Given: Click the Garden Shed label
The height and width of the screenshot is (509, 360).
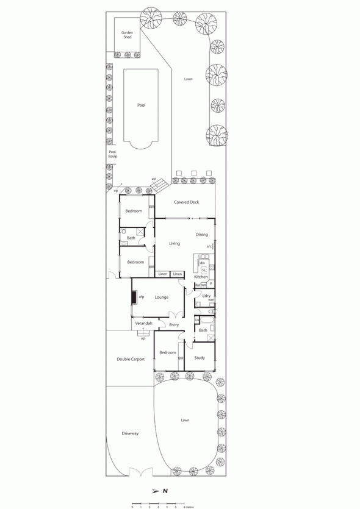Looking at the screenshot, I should [127, 35].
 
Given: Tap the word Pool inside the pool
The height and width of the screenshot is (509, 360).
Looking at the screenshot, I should [141, 105].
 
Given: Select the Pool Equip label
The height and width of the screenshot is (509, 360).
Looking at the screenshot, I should [112, 154].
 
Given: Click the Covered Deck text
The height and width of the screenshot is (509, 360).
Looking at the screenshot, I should [186, 202].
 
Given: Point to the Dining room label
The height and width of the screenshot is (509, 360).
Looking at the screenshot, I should [201, 234].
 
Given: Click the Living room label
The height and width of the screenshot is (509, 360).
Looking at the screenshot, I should [174, 243].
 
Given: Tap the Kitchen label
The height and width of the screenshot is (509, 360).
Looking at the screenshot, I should [201, 277].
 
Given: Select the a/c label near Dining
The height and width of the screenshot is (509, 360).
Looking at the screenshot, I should [209, 247].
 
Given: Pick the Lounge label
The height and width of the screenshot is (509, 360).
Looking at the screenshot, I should [162, 297].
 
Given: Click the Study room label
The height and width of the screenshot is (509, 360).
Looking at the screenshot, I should [200, 358].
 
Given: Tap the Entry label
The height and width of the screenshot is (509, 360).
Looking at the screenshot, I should [174, 325].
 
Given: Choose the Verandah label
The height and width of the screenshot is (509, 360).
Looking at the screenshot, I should [135, 323].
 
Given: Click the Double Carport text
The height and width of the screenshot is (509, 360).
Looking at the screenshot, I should [130, 360].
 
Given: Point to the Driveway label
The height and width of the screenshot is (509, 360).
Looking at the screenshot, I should [130, 433].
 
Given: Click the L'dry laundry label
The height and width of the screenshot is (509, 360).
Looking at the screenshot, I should [206, 296].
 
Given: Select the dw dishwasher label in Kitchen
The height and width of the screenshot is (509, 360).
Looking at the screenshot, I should [201, 263].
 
